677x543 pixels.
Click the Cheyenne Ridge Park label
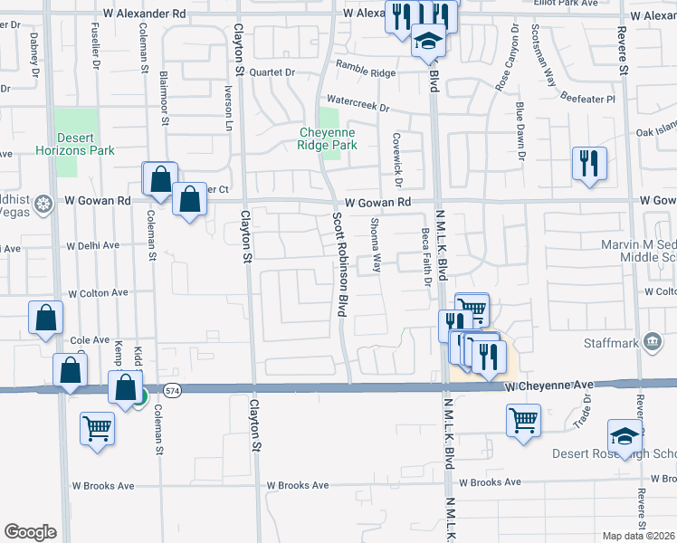point(327,138)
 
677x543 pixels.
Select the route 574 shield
point(173,390)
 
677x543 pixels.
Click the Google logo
point(30,532)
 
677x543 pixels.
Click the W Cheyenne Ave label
point(548,386)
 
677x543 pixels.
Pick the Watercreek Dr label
point(358,104)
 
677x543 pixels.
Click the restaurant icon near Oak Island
point(588,165)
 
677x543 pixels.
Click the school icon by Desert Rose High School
point(625,437)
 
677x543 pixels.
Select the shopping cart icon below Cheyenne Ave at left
point(97,428)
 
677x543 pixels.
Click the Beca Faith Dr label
point(424,256)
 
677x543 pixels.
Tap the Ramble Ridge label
point(366,69)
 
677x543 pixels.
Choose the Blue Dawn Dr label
point(520,132)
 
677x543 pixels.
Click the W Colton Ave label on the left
point(100,293)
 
